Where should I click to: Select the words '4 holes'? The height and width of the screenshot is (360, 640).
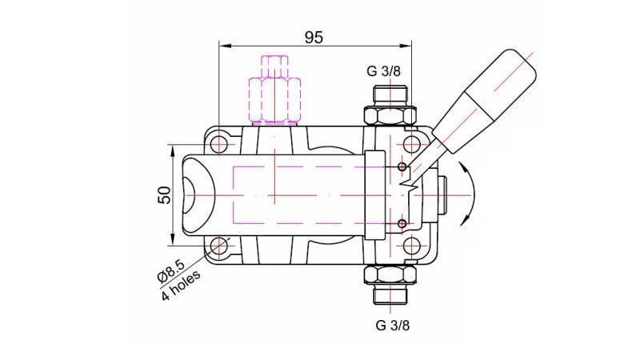pos(182,286)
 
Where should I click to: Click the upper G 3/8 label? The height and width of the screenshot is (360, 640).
pos(383,70)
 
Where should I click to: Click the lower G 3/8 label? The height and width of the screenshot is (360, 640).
pos(392,325)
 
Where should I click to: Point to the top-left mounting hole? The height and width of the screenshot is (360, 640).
pos(220,145)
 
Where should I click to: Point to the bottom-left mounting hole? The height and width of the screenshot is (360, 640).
pos(220,245)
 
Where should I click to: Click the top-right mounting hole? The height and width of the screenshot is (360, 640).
pos(411,145)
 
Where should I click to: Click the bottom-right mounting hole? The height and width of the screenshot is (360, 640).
pos(411,245)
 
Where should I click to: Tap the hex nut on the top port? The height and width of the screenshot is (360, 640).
pos(391,114)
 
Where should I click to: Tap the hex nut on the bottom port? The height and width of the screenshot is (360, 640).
pos(391,276)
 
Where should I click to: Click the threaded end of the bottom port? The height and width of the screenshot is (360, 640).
pos(391,297)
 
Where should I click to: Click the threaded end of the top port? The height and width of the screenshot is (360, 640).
pos(391,94)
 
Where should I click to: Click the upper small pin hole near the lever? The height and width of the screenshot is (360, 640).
pos(402,166)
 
